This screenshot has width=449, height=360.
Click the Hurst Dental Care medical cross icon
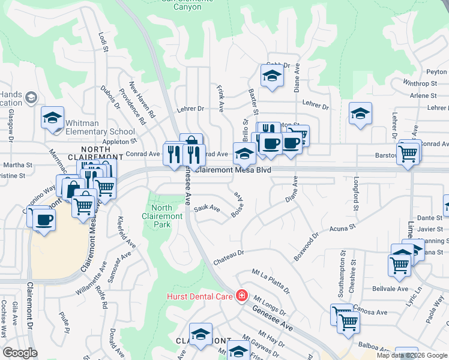[241, 295]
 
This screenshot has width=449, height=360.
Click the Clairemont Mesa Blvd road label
[234, 170]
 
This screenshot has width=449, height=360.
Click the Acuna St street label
[343, 229]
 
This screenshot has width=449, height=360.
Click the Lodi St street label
[101, 43]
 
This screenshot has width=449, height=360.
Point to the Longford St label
[356, 191]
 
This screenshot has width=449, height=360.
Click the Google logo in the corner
[20, 353]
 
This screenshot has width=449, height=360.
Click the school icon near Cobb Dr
[272, 76]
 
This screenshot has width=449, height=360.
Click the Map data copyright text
[412, 355]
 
